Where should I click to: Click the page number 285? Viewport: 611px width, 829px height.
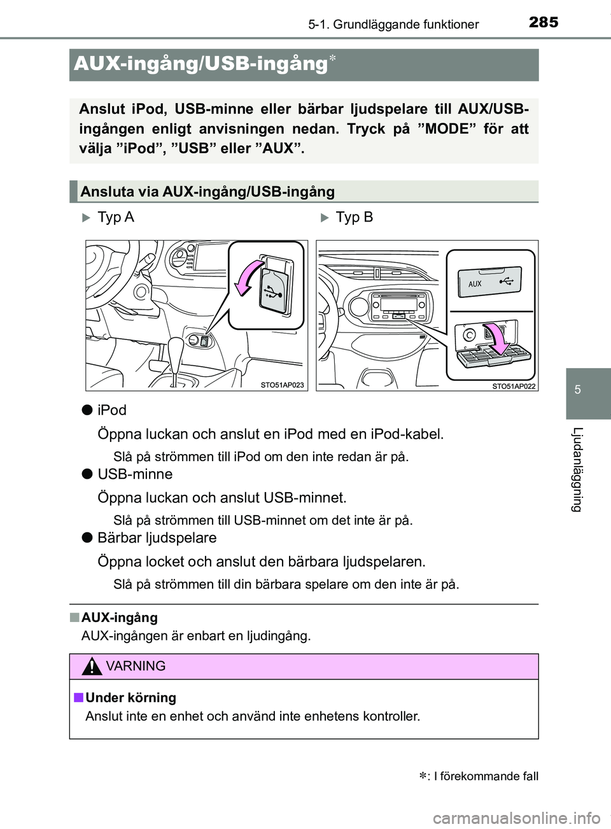[x=543, y=23]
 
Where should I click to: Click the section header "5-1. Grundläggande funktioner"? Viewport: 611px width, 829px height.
[x=393, y=25]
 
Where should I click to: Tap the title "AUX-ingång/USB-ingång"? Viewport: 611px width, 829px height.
[x=200, y=64]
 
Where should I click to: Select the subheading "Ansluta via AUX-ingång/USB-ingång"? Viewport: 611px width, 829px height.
[x=207, y=192]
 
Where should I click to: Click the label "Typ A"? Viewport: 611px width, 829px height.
[x=115, y=217]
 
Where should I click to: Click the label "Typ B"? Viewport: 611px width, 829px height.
[x=354, y=217]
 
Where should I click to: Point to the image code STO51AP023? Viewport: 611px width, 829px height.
[x=282, y=385]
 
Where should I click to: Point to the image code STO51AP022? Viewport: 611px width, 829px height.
[x=514, y=385]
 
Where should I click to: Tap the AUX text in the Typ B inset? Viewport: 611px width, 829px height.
[x=475, y=284]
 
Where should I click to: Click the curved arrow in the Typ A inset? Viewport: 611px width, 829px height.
[x=251, y=278]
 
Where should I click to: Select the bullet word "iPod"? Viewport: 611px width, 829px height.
[x=112, y=410]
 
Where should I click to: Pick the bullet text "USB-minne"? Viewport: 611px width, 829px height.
[x=135, y=474]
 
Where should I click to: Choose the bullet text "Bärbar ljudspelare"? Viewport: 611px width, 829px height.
[x=157, y=538]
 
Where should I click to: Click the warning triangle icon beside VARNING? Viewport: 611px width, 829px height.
[x=93, y=667]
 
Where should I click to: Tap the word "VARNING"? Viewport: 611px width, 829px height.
[x=136, y=667]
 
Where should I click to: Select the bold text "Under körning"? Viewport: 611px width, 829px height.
[x=130, y=698]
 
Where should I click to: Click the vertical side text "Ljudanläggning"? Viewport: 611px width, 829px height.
[x=577, y=469]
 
